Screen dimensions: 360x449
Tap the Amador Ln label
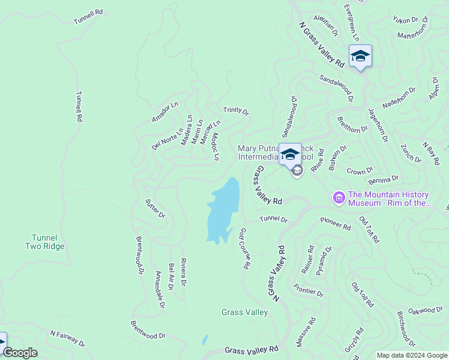(165, 112)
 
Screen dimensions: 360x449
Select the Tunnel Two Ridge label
(44, 242)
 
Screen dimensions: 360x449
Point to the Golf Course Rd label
(244, 248)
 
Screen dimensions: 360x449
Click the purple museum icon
(339, 197)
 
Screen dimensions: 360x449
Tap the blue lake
(223, 210)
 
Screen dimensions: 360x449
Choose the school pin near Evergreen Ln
(360, 56)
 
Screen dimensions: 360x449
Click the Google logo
(20, 353)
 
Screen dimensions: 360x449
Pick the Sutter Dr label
(155, 208)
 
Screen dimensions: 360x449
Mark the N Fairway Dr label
(67, 338)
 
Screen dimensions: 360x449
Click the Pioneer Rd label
(335, 224)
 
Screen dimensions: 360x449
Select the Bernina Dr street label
(383, 179)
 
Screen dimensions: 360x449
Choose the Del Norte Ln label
(167, 139)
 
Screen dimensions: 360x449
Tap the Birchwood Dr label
(406, 329)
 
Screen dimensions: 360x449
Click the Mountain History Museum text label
(389, 199)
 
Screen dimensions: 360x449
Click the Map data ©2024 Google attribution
(412, 355)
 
